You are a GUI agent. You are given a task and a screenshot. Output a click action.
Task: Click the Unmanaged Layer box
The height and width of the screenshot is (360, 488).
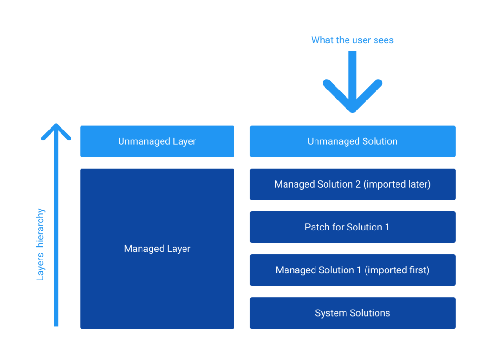point(157,141)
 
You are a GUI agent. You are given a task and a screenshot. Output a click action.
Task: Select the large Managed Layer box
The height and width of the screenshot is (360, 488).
point(157,248)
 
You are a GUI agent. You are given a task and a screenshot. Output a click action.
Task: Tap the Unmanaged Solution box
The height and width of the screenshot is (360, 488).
point(352,141)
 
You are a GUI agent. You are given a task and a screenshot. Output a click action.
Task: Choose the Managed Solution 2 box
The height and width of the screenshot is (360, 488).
point(352,184)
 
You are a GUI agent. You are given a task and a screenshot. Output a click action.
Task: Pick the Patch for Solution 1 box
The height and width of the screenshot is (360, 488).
point(352,227)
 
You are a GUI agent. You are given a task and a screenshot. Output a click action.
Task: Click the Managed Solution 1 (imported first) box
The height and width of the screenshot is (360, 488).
point(352,270)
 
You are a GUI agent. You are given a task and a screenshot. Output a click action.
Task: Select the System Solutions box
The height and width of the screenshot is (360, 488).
point(352,313)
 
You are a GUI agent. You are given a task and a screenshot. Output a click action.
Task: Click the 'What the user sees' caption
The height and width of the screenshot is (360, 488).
point(352,40)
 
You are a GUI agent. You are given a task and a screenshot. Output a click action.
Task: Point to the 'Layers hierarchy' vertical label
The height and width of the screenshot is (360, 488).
point(41,244)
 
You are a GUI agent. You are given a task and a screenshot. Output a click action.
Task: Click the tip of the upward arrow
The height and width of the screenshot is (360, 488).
point(56,126)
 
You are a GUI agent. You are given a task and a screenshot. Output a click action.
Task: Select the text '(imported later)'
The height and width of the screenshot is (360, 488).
point(397,184)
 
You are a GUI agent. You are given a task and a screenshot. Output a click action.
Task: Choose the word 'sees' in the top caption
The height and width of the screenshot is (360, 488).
point(384,40)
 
